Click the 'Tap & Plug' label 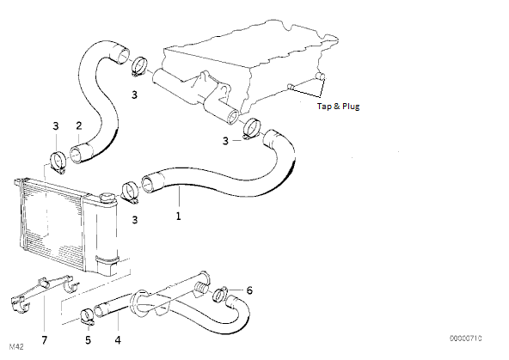click(x=338, y=107)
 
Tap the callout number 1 click(x=178, y=216)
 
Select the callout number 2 click(x=79, y=125)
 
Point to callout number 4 click(x=118, y=340)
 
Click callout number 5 click(x=88, y=340)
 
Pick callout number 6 click(x=249, y=290)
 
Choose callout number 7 click(x=45, y=340)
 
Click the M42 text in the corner click(x=16, y=347)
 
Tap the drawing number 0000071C click(x=465, y=339)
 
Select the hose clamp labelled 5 click(x=87, y=317)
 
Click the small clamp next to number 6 click(x=220, y=294)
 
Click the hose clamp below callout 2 click(x=58, y=162)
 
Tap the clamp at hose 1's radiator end click(x=130, y=192)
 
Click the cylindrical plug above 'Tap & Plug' click(x=320, y=76)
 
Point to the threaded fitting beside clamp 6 click(x=200, y=288)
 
